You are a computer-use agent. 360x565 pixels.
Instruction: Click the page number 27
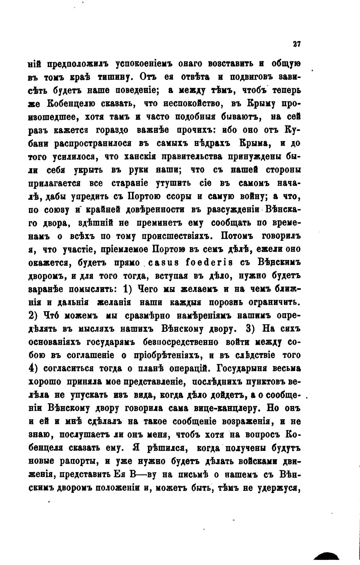click(x=296, y=44)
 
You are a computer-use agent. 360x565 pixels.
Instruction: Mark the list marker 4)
click(x=34, y=368)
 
